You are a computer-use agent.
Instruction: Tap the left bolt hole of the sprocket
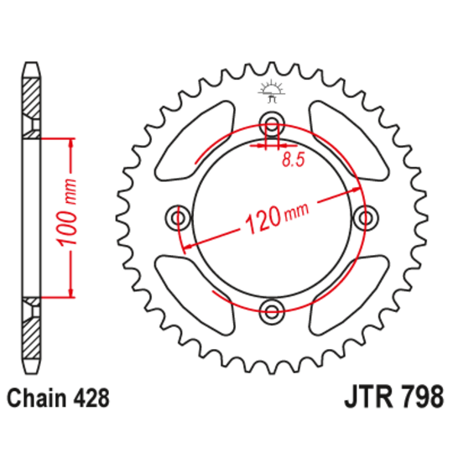(x=178, y=219)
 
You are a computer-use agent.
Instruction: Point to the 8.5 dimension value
(x=292, y=157)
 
